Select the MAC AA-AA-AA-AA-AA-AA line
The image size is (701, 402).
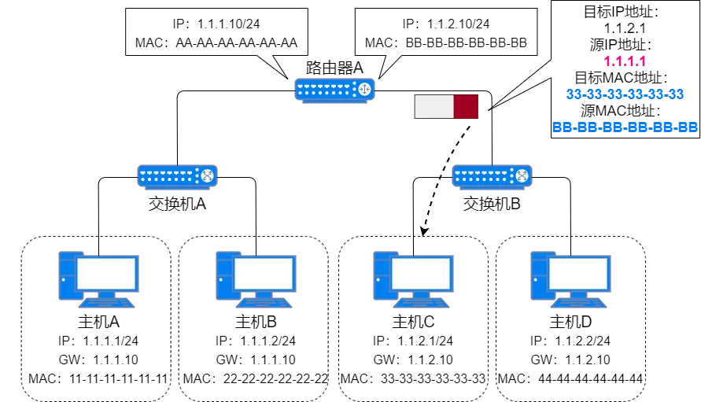coord(212,42)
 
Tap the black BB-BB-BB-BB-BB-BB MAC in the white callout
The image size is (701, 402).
coord(465,42)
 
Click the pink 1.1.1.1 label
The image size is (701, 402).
coord(625,61)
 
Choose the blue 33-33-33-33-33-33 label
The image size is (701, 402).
coord(625,94)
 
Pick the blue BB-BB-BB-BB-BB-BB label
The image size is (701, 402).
coord(625,127)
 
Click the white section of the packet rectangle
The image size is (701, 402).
coord(434,106)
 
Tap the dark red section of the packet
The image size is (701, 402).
coord(466,106)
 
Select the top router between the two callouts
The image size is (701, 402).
coord(335,90)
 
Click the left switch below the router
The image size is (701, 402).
coord(177,175)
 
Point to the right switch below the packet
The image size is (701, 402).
coord(492,175)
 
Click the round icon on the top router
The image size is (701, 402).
coord(364,90)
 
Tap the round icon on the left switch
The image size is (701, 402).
coord(207,176)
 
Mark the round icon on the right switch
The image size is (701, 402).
coord(522,176)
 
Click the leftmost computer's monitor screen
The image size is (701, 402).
coord(106,274)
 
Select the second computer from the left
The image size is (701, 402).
coord(256,279)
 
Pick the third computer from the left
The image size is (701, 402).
coord(413,279)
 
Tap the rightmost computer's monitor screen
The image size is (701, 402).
coord(578,274)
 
